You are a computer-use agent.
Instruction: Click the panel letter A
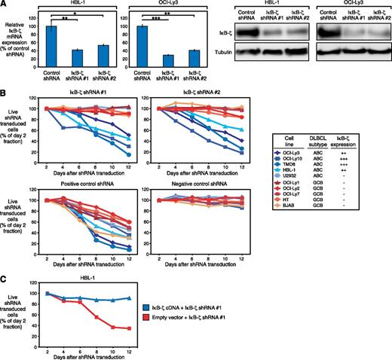pos(4,5)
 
